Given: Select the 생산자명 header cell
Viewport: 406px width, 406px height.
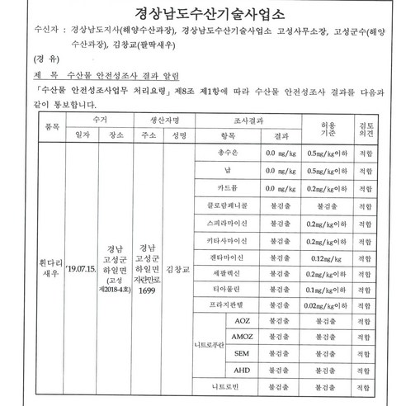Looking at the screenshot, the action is tap(164, 119).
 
